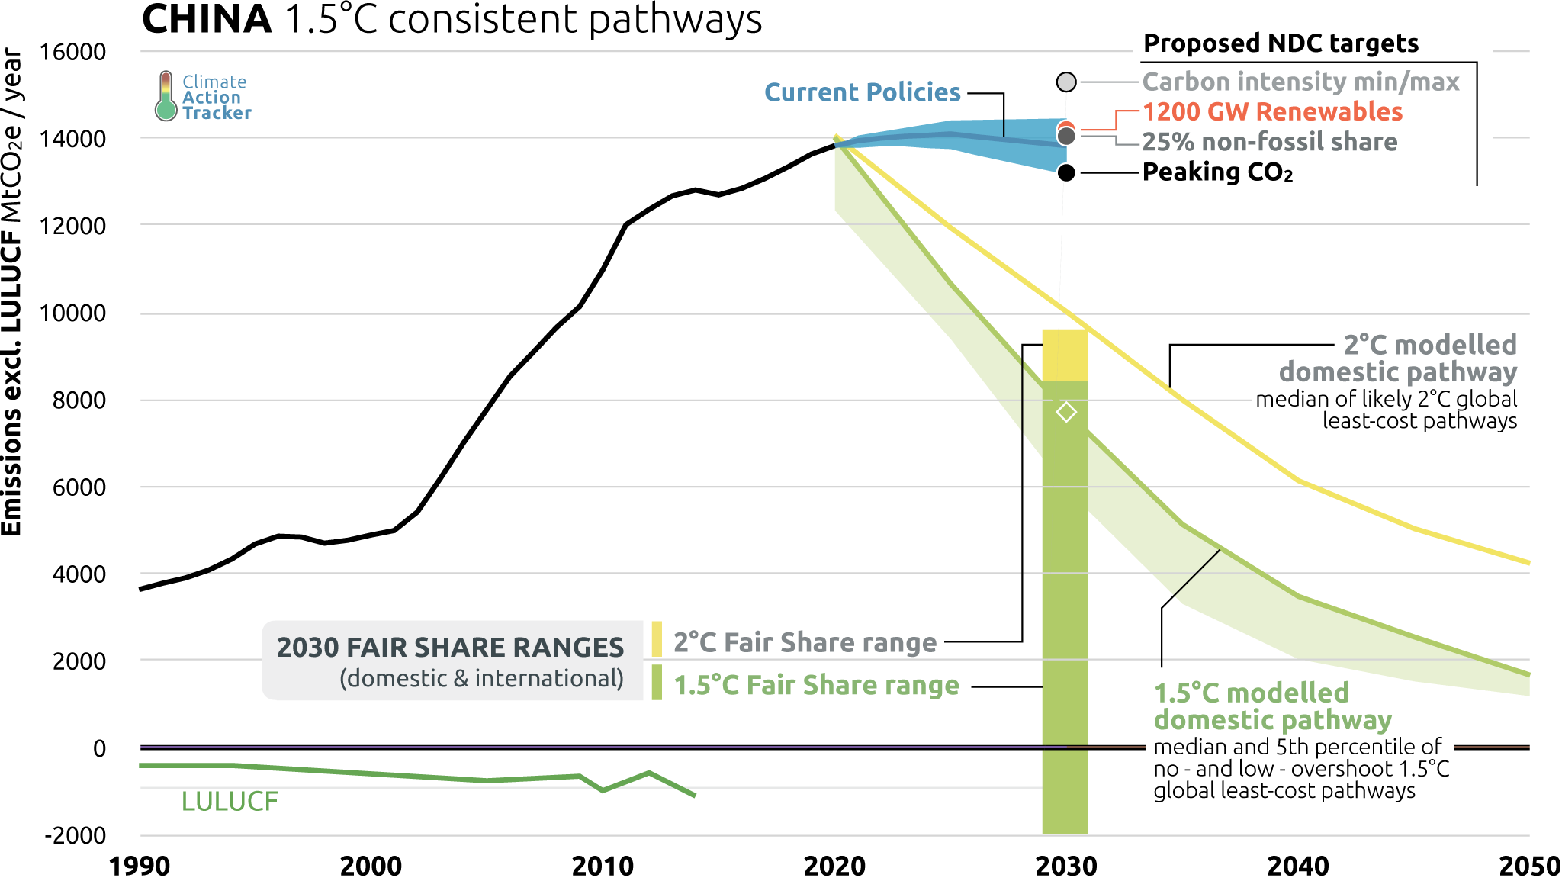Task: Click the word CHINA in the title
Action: click(x=207, y=19)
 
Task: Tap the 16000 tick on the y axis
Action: click(x=72, y=52)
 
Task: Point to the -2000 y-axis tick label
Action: click(x=76, y=835)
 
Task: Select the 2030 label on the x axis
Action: click(x=1066, y=866)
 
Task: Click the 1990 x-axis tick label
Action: click(x=140, y=866)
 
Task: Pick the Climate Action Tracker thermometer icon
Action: click(x=166, y=96)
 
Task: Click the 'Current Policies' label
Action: click(x=862, y=92)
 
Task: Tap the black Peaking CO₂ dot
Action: click(x=1066, y=173)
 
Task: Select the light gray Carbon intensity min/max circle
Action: click(x=1066, y=82)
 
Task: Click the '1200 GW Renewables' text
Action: click(x=1272, y=111)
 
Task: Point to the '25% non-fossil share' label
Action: click(x=1269, y=142)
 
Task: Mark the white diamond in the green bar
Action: click(x=1066, y=413)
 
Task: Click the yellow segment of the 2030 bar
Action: click(x=1065, y=355)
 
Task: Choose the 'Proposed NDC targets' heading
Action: click(x=1281, y=43)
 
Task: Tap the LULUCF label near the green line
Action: click(x=230, y=802)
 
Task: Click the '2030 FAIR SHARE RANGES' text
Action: click(x=450, y=648)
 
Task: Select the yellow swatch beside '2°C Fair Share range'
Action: click(x=657, y=639)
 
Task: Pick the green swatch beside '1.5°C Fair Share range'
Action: click(x=657, y=683)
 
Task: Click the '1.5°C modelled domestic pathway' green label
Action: click(x=1272, y=706)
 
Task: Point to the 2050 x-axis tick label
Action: click(x=1529, y=866)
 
